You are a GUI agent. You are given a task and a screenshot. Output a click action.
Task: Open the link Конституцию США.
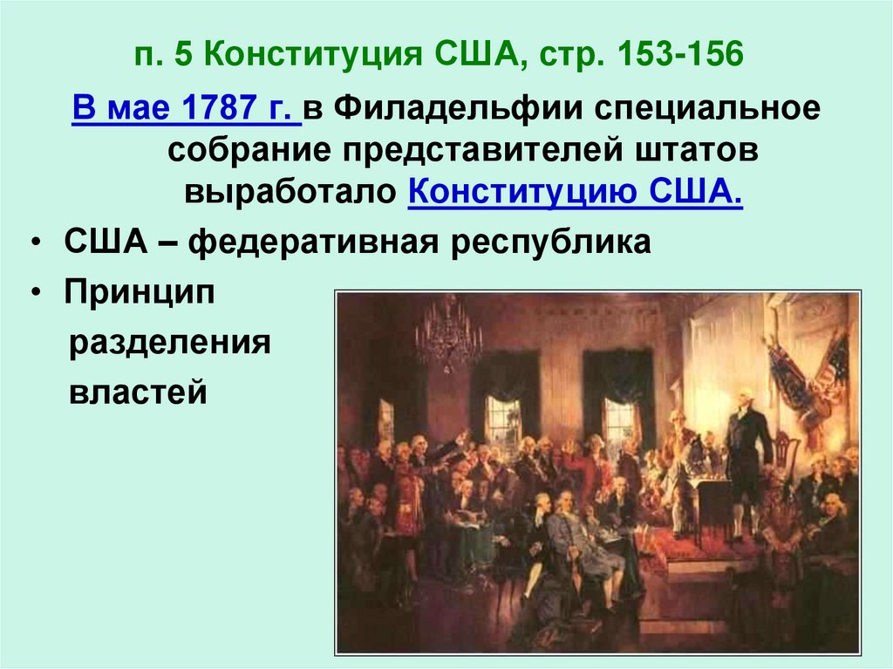pyautogui.click(x=575, y=191)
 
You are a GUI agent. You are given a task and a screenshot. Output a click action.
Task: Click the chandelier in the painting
pyautogui.click(x=448, y=336)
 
